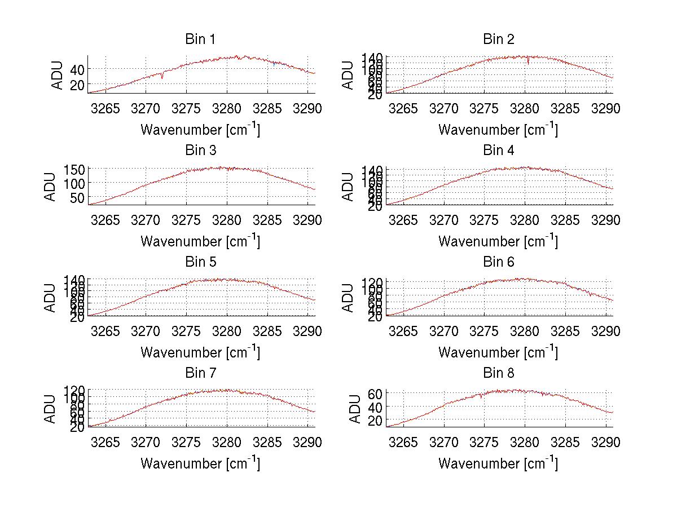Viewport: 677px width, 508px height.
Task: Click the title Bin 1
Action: click(200, 39)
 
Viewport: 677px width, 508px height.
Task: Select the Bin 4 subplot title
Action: click(499, 151)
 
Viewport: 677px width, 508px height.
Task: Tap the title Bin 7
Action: click(200, 373)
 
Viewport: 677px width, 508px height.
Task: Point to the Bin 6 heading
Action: click(499, 262)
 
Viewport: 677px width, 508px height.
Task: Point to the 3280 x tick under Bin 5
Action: click(227, 331)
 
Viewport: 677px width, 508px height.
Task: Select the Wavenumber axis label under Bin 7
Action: click(200, 463)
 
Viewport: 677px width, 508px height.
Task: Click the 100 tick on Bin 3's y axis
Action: click(74, 183)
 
